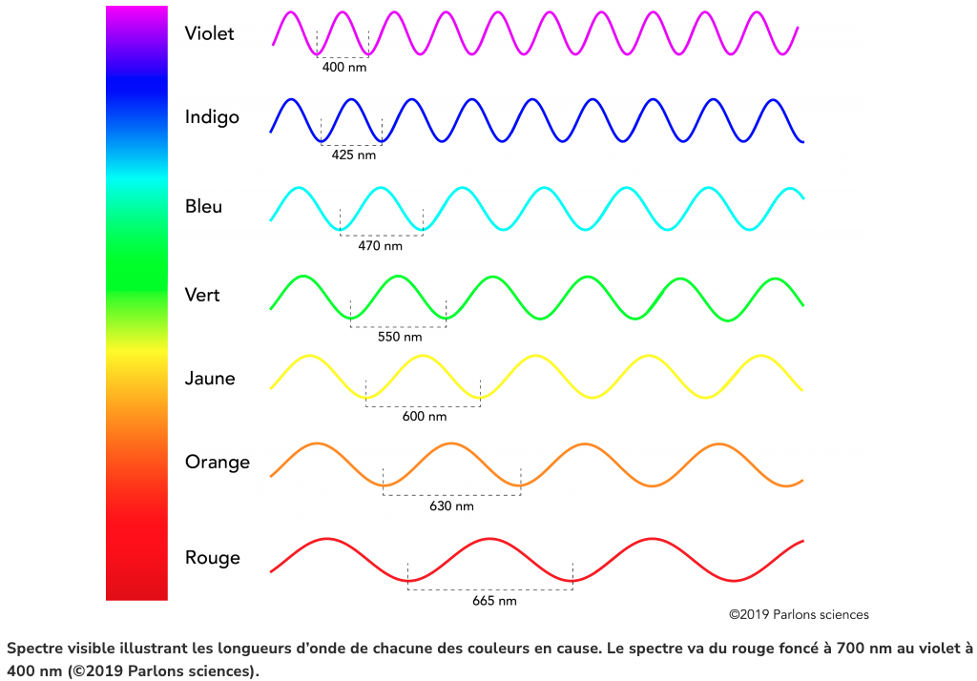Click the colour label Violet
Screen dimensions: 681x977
click(x=209, y=34)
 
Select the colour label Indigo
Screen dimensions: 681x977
click(x=212, y=117)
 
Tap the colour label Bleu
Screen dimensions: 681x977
click(x=203, y=206)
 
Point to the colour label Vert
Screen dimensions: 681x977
click(x=202, y=295)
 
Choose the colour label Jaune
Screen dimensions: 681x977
click(x=210, y=379)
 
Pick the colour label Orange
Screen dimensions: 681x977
click(x=217, y=462)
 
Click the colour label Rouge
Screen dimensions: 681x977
click(x=212, y=558)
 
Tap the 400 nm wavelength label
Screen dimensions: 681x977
click(x=344, y=68)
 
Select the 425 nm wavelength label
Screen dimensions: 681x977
click(x=353, y=155)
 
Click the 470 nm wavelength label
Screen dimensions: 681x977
click(x=380, y=246)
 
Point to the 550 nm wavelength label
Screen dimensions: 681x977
click(x=399, y=337)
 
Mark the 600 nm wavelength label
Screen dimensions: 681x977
click(x=424, y=417)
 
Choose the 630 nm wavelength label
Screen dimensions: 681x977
click(x=451, y=506)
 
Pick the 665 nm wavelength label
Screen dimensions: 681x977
click(x=494, y=602)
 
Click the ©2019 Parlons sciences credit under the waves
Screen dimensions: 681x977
click(x=799, y=615)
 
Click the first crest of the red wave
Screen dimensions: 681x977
click(x=327, y=540)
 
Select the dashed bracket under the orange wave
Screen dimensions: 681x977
click(x=451, y=494)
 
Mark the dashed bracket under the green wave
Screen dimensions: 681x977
click(x=399, y=326)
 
